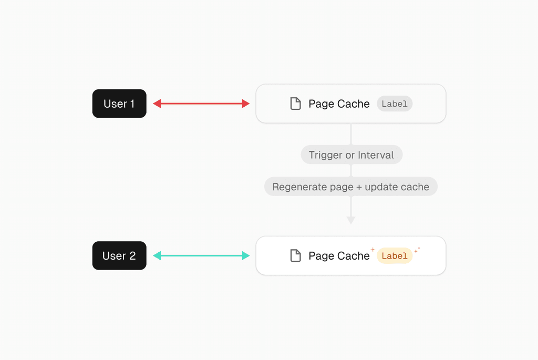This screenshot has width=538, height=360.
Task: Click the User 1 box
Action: click(x=119, y=104)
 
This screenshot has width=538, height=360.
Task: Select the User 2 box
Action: click(x=119, y=255)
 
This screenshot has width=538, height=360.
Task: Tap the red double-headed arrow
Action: click(x=201, y=104)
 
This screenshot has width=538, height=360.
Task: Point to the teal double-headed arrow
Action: click(x=201, y=255)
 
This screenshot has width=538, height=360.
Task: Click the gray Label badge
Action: click(x=395, y=104)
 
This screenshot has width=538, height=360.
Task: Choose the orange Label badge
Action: click(x=395, y=255)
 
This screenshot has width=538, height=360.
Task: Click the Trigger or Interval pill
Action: click(x=351, y=155)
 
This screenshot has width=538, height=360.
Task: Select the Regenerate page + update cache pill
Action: click(x=350, y=187)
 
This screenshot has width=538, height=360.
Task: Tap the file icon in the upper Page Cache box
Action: click(x=295, y=104)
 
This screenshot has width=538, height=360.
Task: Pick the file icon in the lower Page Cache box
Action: click(x=295, y=255)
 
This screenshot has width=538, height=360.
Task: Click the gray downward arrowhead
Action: click(x=351, y=220)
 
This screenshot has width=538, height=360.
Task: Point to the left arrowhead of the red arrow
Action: click(x=157, y=104)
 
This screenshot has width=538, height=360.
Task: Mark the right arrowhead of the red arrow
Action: click(x=246, y=104)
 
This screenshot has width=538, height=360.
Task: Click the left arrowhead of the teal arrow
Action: click(x=157, y=255)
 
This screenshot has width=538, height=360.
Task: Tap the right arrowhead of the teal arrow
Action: click(x=246, y=255)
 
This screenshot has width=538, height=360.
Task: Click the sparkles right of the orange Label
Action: click(x=417, y=250)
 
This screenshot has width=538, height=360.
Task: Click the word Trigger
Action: click(x=325, y=155)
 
